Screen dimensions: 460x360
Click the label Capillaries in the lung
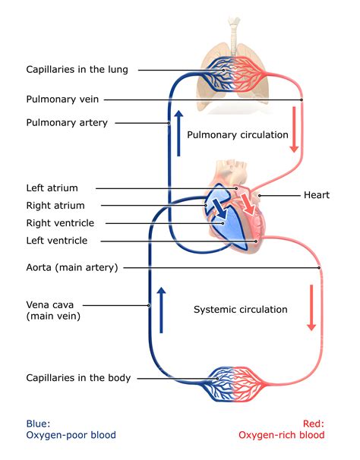77,70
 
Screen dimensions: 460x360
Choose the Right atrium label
55,205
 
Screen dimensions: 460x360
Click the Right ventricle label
60,223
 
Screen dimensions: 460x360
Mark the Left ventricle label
57,241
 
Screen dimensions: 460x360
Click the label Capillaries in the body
78,377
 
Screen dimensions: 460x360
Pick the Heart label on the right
316,195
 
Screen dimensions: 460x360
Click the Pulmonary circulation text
237,135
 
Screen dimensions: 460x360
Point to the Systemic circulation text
240,309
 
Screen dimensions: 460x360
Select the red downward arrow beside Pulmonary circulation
293,129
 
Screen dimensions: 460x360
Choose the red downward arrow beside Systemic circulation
311,307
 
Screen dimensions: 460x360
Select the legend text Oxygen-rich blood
281,435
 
